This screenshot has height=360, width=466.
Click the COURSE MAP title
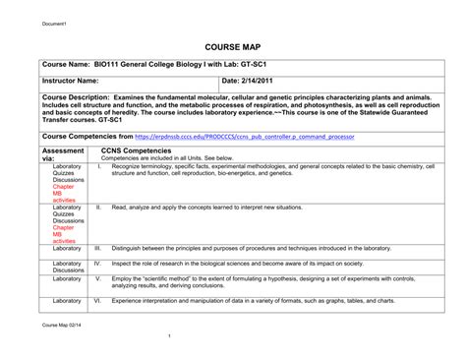coord(232,46)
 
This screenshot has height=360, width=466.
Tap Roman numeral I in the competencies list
coord(99,167)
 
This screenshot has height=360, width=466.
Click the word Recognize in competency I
coord(129,167)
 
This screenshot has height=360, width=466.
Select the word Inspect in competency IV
coord(124,263)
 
